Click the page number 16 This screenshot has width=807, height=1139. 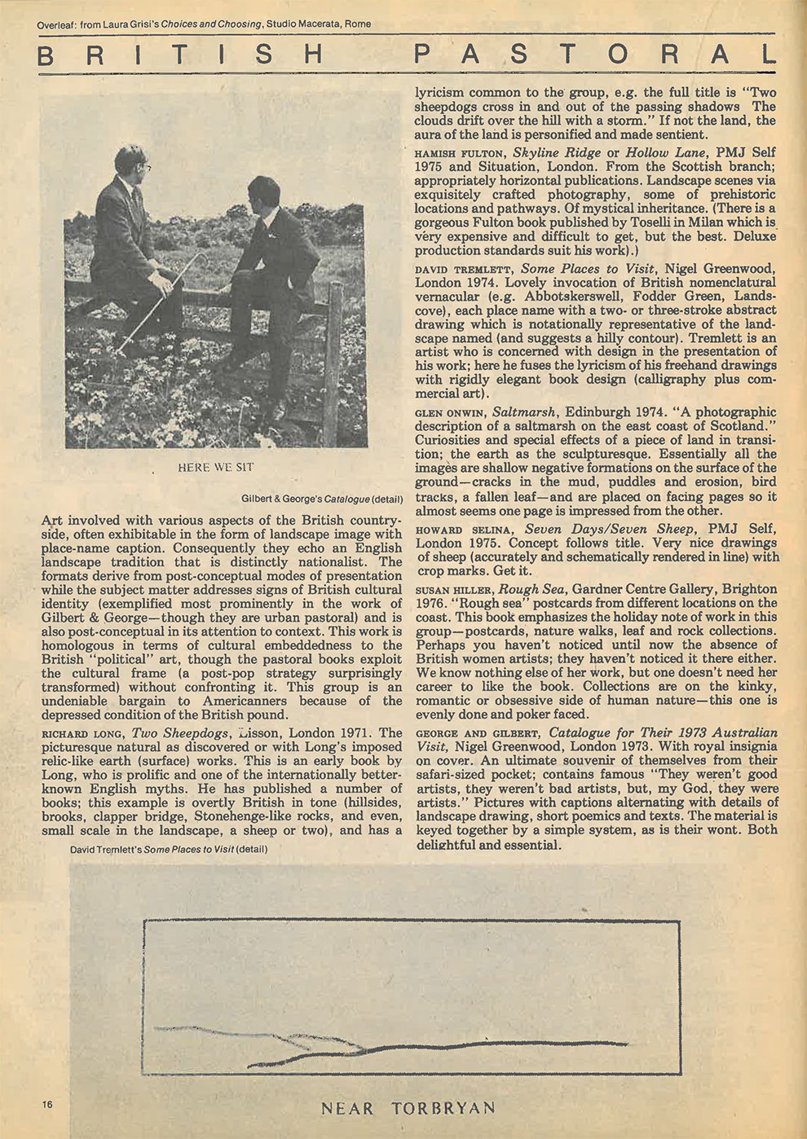[47, 1104]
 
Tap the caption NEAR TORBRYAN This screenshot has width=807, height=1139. [408, 1109]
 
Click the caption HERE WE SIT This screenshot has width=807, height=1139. [215, 468]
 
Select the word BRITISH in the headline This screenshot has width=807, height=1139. [181, 55]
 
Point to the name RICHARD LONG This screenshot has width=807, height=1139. [82, 733]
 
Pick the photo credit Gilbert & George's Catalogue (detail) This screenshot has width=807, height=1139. [321, 498]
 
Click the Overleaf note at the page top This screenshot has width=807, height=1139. [204, 24]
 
